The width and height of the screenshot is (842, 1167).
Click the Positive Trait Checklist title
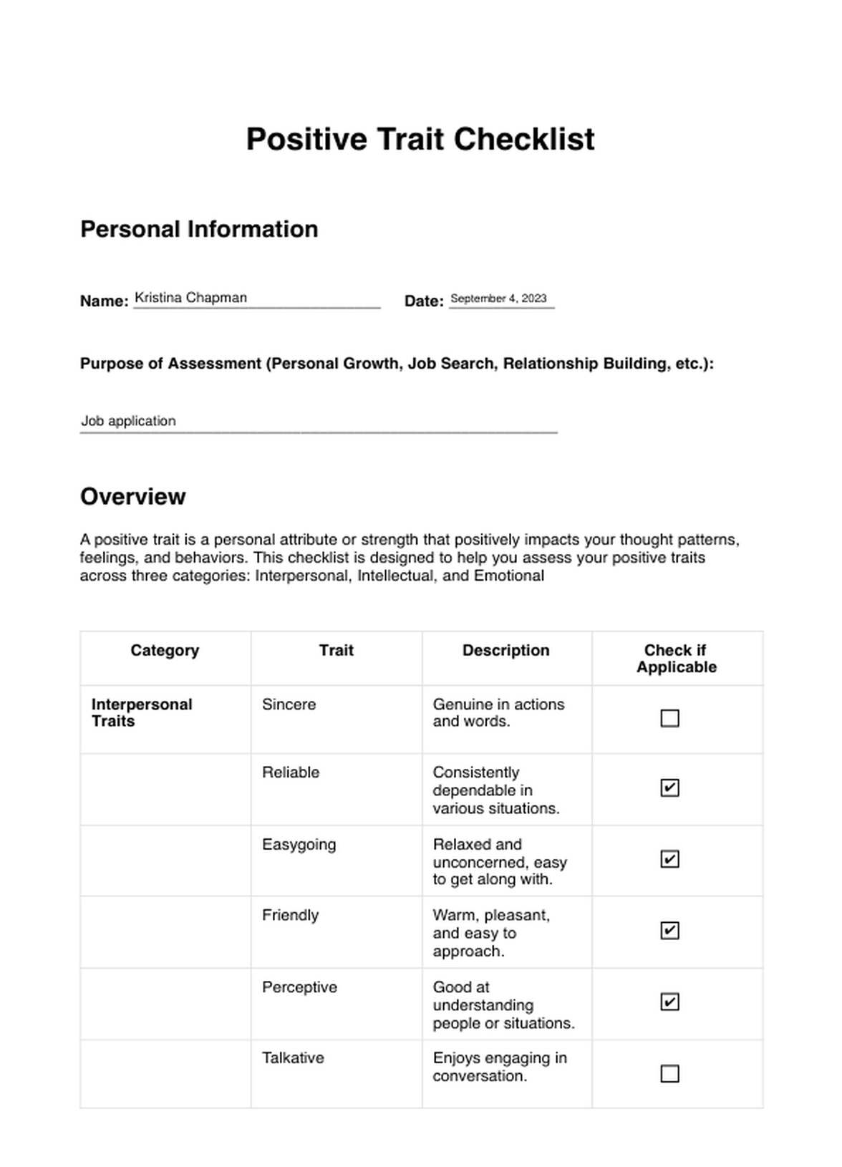pyautogui.click(x=420, y=139)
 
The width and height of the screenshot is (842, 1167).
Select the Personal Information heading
pyautogui.click(x=199, y=229)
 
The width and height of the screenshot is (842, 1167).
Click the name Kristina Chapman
pyautogui.click(x=190, y=298)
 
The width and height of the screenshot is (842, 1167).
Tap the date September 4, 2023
pyautogui.click(x=498, y=299)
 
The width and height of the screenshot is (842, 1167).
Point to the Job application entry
pyautogui.click(x=128, y=421)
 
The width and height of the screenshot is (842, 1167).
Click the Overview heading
pyautogui.click(x=132, y=496)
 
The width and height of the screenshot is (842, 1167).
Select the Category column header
pyautogui.click(x=165, y=650)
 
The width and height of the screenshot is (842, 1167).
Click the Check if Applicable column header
pyautogui.click(x=676, y=659)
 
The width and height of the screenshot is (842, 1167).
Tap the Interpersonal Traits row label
pyautogui.click(x=142, y=712)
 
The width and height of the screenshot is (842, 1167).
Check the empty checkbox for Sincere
pyautogui.click(x=669, y=718)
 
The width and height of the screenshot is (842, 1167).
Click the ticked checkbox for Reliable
pyautogui.click(x=669, y=788)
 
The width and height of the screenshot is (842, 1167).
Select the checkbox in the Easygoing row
pyautogui.click(x=669, y=859)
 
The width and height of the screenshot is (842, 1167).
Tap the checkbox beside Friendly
pyautogui.click(x=669, y=931)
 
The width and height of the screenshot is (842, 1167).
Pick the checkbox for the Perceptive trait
pyautogui.click(x=669, y=1002)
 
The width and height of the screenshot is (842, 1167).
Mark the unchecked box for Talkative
pyautogui.click(x=669, y=1074)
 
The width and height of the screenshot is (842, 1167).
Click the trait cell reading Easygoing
pyautogui.click(x=299, y=845)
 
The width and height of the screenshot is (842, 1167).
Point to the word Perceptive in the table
pyautogui.click(x=299, y=987)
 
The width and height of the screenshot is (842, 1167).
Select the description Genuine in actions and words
pyautogui.click(x=498, y=712)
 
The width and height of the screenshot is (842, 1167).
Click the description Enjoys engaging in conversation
pyautogui.click(x=500, y=1067)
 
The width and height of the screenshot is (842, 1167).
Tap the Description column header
pyautogui.click(x=505, y=650)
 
